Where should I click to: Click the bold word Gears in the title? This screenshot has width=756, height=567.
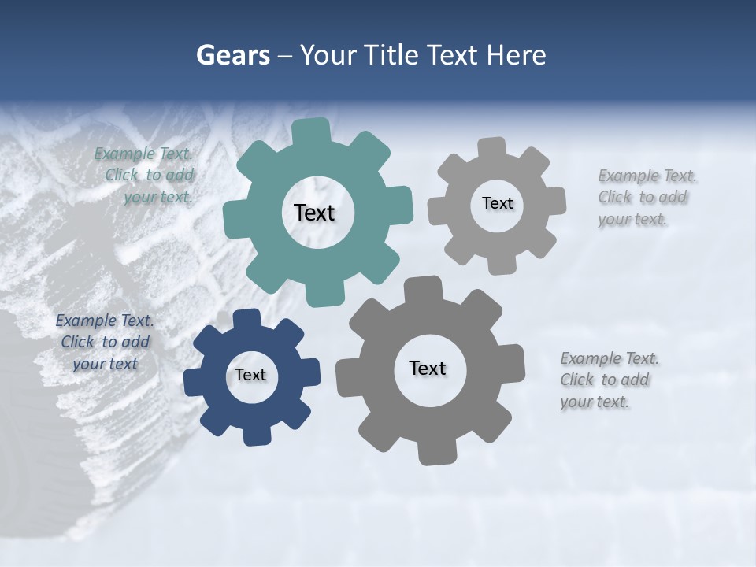(232, 55)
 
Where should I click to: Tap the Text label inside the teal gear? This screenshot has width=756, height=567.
(314, 213)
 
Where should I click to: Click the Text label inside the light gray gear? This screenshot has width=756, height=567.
(497, 203)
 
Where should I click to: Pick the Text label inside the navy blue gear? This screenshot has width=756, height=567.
(250, 375)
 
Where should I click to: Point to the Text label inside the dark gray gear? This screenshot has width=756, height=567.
(428, 368)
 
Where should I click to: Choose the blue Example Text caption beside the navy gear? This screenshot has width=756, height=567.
(105, 342)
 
